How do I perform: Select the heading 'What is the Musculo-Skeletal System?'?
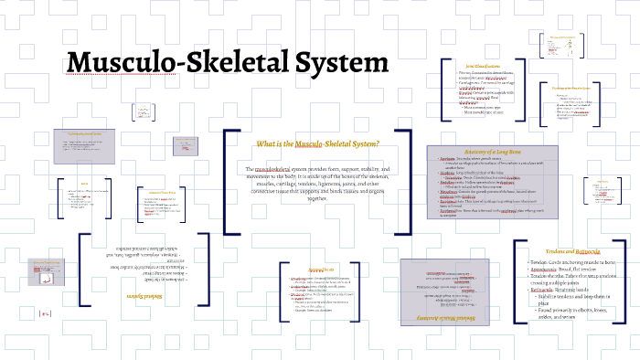pos(317,144)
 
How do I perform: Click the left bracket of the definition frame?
pos(226,182)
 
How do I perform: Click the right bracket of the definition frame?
pos(409,182)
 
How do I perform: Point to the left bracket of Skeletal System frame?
pos(81,278)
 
